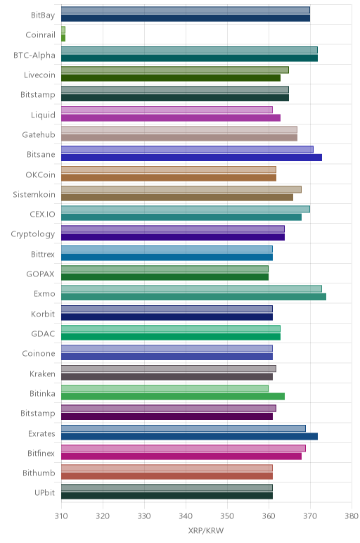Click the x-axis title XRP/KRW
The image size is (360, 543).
click(206, 530)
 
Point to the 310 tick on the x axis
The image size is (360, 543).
click(61, 516)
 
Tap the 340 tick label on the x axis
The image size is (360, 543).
click(186, 516)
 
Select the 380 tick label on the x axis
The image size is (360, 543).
click(352, 516)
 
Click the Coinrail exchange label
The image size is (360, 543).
click(40, 34)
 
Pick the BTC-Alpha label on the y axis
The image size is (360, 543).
click(34, 55)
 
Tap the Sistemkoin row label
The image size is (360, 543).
click(34, 194)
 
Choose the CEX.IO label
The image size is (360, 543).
click(42, 214)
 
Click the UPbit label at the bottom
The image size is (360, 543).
click(45, 492)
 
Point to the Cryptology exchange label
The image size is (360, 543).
click(33, 234)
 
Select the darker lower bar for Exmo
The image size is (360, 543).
click(193, 297)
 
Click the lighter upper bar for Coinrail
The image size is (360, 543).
click(63, 30)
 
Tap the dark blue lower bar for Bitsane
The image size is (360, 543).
click(191, 158)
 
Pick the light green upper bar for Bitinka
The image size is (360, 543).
click(165, 388)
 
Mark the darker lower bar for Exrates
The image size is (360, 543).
click(189, 436)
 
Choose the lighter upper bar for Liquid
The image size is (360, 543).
click(167, 110)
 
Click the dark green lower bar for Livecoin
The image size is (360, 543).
click(171, 78)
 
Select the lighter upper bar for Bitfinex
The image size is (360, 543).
click(184, 448)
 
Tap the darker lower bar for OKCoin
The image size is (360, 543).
click(169, 178)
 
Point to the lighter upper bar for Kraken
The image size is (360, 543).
click(169, 369)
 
